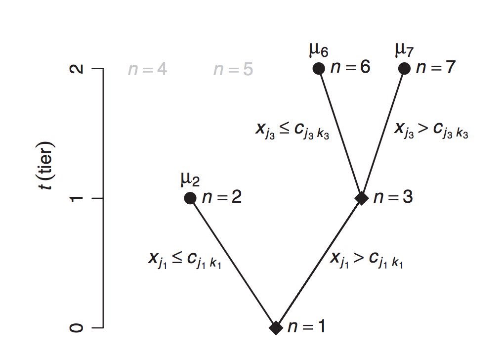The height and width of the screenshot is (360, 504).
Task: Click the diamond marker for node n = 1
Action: click(276, 327)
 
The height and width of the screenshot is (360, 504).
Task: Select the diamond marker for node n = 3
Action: click(362, 198)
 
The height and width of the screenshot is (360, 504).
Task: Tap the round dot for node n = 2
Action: click(190, 198)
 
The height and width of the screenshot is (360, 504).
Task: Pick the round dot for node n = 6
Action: click(319, 68)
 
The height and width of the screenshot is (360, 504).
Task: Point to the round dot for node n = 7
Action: click(405, 68)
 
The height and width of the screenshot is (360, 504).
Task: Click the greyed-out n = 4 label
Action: click(147, 70)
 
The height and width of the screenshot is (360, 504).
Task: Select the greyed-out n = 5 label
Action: click(233, 70)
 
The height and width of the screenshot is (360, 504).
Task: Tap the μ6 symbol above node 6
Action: click(319, 50)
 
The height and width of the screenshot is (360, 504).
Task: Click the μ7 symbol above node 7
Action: click(405, 50)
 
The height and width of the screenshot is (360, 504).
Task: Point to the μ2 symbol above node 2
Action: click(191, 180)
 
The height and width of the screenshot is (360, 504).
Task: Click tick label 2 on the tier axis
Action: click(77, 69)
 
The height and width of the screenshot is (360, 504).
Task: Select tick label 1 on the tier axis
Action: click(77, 198)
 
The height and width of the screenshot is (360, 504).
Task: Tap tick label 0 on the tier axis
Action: click(77, 327)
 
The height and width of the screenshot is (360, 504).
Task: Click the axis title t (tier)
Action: click(50, 168)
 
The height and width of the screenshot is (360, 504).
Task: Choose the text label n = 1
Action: click(306, 327)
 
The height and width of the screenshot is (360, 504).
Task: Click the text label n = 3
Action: click(393, 197)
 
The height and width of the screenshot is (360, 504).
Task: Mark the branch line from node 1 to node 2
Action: click(233, 263)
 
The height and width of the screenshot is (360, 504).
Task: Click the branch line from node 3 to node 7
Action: click(383, 134)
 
